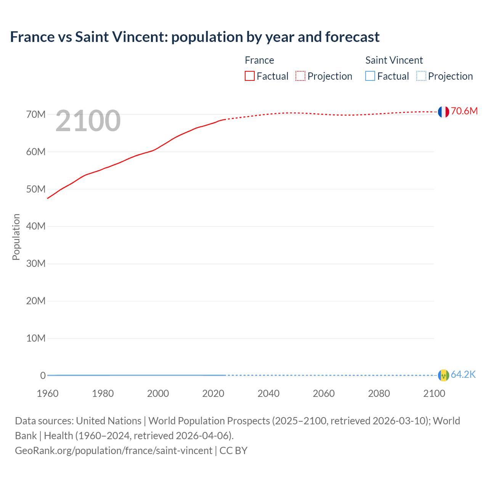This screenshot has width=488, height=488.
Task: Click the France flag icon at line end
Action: click(x=443, y=112)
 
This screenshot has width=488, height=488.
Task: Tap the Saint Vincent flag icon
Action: click(x=443, y=375)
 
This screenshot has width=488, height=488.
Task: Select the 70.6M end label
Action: click(x=464, y=111)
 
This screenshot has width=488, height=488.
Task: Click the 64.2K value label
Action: click(x=463, y=375)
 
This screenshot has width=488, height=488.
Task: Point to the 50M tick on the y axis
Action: click(x=36, y=189)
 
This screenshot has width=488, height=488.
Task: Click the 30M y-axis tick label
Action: click(x=36, y=263)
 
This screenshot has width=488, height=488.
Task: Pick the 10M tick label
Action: click(x=36, y=338)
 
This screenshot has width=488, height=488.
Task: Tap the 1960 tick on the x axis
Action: click(x=48, y=393)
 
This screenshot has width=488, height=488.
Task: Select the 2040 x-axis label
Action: click(x=268, y=393)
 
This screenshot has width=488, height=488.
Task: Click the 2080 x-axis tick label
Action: click(x=379, y=393)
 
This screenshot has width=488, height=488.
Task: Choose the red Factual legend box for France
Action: click(x=250, y=76)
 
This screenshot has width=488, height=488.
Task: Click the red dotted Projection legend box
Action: click(x=300, y=76)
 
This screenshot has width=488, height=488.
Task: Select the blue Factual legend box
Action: click(x=370, y=76)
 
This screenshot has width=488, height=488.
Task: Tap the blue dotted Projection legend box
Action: click(x=421, y=76)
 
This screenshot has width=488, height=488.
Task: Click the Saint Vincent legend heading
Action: click(x=394, y=60)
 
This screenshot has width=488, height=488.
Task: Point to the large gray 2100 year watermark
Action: click(x=88, y=121)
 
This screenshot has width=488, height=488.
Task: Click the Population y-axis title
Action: click(x=16, y=237)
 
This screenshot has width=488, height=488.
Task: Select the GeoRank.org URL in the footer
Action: click(x=113, y=450)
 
